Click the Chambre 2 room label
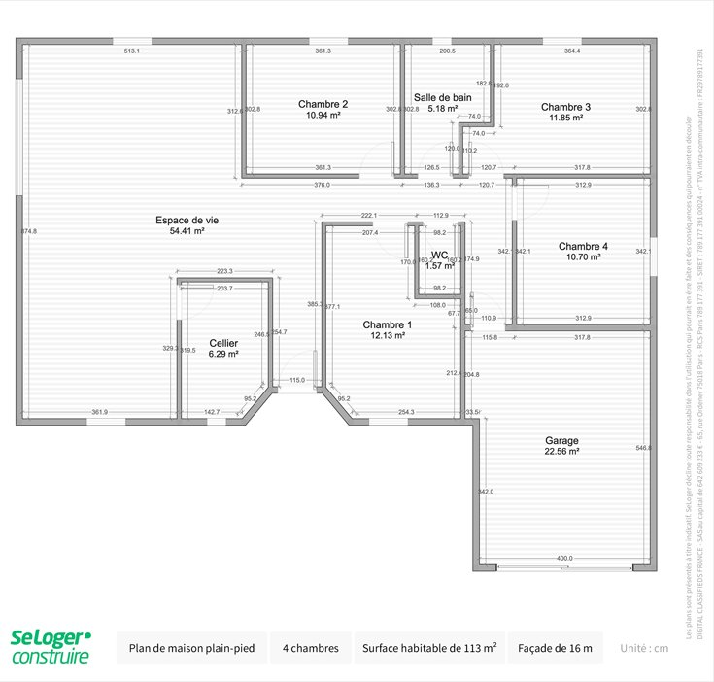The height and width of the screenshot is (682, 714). pyautogui.click(x=323, y=104)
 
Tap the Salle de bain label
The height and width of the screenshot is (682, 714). pyautogui.click(x=442, y=97)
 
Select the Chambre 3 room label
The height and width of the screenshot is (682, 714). pyautogui.click(x=565, y=107)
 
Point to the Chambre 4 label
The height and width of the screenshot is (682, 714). pyautogui.click(x=583, y=247)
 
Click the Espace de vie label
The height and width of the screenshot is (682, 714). pyautogui.click(x=187, y=221)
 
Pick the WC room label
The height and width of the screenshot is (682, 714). pyautogui.click(x=439, y=256)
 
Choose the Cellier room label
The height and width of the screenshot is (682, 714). pyautogui.click(x=223, y=343)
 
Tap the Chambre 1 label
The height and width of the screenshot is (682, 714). pyautogui.click(x=388, y=324)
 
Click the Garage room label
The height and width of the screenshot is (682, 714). pyautogui.click(x=561, y=440)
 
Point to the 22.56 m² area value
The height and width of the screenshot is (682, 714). pyautogui.click(x=561, y=452)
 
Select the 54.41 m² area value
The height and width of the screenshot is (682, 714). pyautogui.click(x=187, y=231)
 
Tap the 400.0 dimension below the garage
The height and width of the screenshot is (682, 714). pyautogui.click(x=564, y=558)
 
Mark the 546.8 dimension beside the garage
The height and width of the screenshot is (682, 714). pyautogui.click(x=643, y=448)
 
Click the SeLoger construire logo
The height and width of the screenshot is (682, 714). pyautogui.click(x=51, y=647)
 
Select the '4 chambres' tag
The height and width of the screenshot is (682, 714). pyautogui.click(x=311, y=647)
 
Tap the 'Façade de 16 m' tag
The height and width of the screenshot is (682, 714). pyautogui.click(x=555, y=647)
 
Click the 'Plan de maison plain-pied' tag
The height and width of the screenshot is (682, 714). pyautogui.click(x=190, y=647)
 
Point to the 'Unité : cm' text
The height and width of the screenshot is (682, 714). pyautogui.click(x=644, y=648)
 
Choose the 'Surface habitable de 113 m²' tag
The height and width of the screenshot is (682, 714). pyautogui.click(x=429, y=647)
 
